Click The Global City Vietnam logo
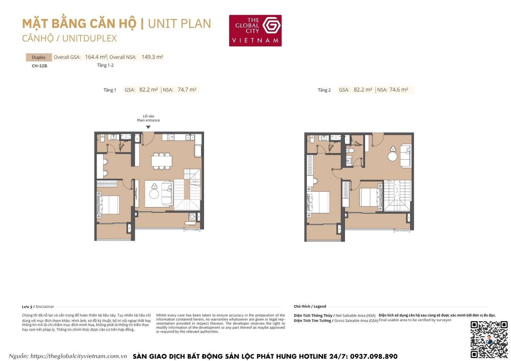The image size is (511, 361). (255, 30)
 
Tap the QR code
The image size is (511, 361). (489, 339)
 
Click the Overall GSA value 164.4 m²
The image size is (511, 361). (96, 57)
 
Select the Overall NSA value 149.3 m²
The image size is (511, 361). (152, 57)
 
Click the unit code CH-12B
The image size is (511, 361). (40, 66)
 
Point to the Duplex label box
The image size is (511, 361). (39, 57)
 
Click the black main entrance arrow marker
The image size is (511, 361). (148, 127)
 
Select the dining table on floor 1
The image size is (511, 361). (162, 161)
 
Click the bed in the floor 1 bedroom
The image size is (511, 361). (108, 204)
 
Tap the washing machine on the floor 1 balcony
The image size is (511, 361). (192, 216)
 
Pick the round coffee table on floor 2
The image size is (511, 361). (392, 156)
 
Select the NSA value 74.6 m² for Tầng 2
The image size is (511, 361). (399, 90)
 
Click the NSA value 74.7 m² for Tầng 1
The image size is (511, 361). (187, 90)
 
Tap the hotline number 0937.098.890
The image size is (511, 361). (374, 356)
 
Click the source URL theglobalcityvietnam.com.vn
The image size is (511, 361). (78, 356)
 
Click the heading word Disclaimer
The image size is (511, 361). (45, 307)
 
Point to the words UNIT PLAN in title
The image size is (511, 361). (180, 24)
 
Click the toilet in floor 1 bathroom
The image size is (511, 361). (102, 139)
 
